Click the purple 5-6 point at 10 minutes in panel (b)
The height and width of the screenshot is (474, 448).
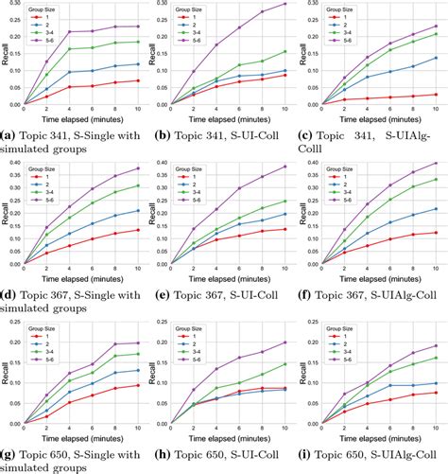click(x=284, y=5)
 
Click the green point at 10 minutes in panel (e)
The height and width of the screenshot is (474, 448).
click(x=284, y=201)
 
